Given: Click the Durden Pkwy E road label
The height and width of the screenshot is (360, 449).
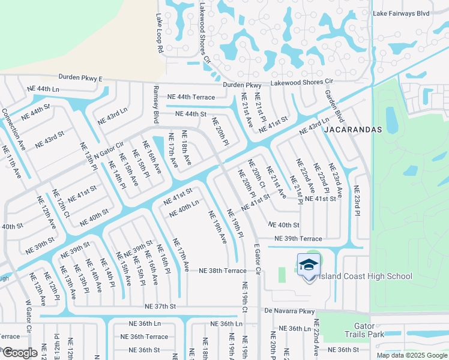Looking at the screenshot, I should point(80,78).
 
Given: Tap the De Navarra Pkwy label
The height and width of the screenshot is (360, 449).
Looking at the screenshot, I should point(289,311).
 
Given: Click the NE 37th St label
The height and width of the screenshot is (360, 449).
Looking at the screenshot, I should point(160,306).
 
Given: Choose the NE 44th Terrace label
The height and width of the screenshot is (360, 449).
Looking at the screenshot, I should point(191,97).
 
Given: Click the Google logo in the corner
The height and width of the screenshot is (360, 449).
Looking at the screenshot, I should point(20,353).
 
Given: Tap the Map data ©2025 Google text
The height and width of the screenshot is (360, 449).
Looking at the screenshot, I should point(411,355).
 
